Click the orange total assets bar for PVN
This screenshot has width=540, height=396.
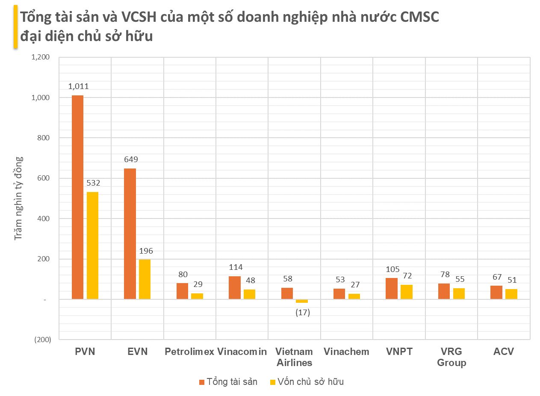pos(77,197)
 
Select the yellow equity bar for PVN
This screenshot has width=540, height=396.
pos(92,245)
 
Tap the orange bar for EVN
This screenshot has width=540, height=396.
pos(130,233)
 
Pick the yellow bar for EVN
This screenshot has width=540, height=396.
pos(145,279)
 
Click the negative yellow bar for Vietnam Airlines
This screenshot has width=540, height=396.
pos(302,301)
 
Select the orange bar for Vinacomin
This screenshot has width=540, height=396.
pos(234,288)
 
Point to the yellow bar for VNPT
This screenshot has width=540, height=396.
pos(407,292)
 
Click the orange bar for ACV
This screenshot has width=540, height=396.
pos(496,293)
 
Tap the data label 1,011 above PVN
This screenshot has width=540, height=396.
pos(78,87)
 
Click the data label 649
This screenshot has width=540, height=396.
pos(131,160)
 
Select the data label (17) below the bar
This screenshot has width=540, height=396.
pos(303,313)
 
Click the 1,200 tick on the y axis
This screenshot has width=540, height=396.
pos(41,57)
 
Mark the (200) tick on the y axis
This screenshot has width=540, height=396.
pos(42,340)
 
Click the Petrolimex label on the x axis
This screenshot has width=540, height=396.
pos(189,352)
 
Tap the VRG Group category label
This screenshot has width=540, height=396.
pos(451,357)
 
